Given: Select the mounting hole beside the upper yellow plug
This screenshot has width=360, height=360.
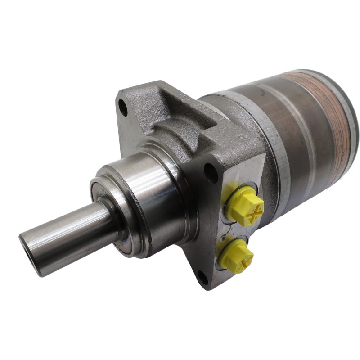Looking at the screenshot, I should coord(210,171).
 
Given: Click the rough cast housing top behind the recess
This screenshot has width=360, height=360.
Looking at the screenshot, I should coord(211,112).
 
